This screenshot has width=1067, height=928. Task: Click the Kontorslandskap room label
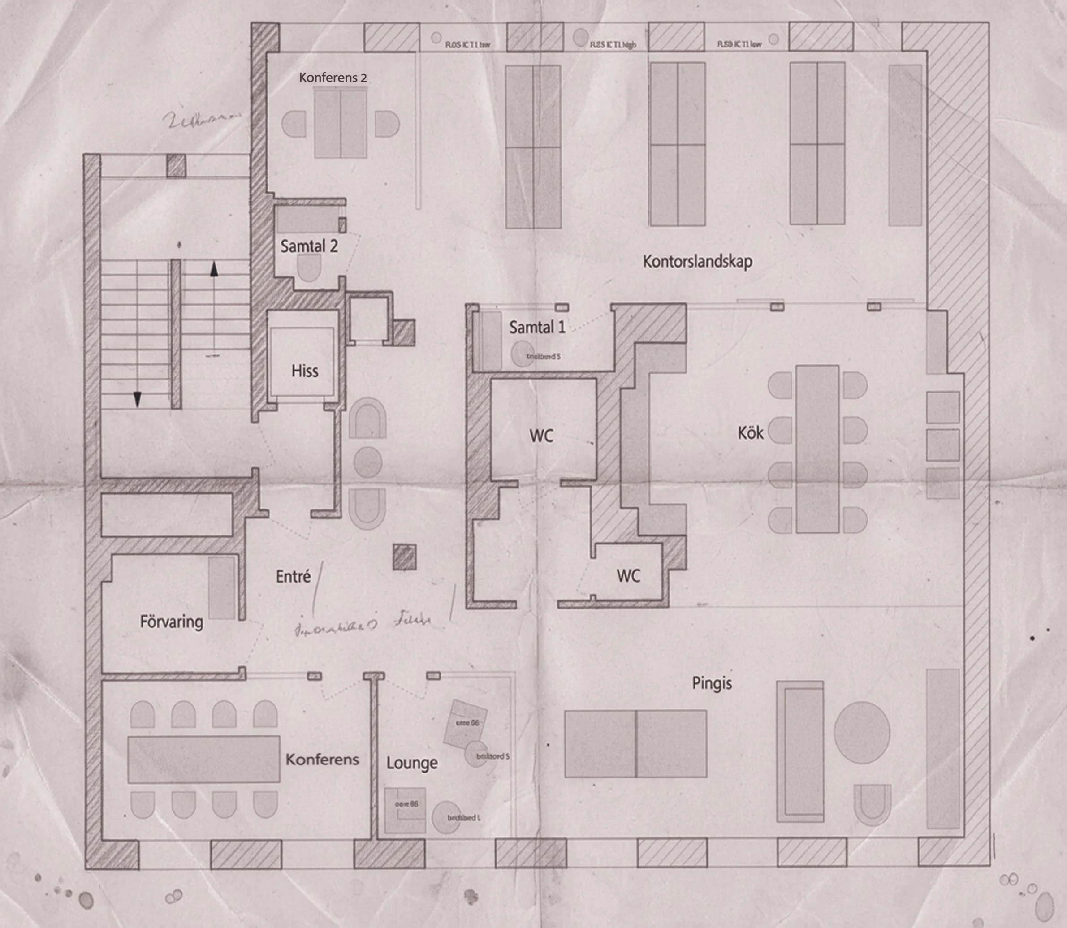point(697,262)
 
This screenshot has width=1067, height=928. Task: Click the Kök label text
point(750,433)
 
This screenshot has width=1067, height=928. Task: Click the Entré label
point(293,576)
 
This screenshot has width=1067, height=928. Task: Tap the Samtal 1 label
point(536,327)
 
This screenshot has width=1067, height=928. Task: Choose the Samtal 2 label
point(309,246)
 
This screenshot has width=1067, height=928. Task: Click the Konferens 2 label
point(333,78)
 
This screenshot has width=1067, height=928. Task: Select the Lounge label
point(412,763)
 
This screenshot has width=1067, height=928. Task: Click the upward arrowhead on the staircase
point(213,269)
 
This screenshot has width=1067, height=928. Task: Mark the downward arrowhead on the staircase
point(137,399)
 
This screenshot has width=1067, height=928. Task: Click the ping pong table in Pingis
point(635,744)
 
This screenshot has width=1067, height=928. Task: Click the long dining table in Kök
point(817,449)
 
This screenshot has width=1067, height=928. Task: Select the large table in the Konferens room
point(203,759)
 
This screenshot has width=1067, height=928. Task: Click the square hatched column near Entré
point(404,557)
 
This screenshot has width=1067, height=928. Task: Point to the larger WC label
point(541,436)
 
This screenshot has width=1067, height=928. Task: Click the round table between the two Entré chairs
point(367,462)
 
